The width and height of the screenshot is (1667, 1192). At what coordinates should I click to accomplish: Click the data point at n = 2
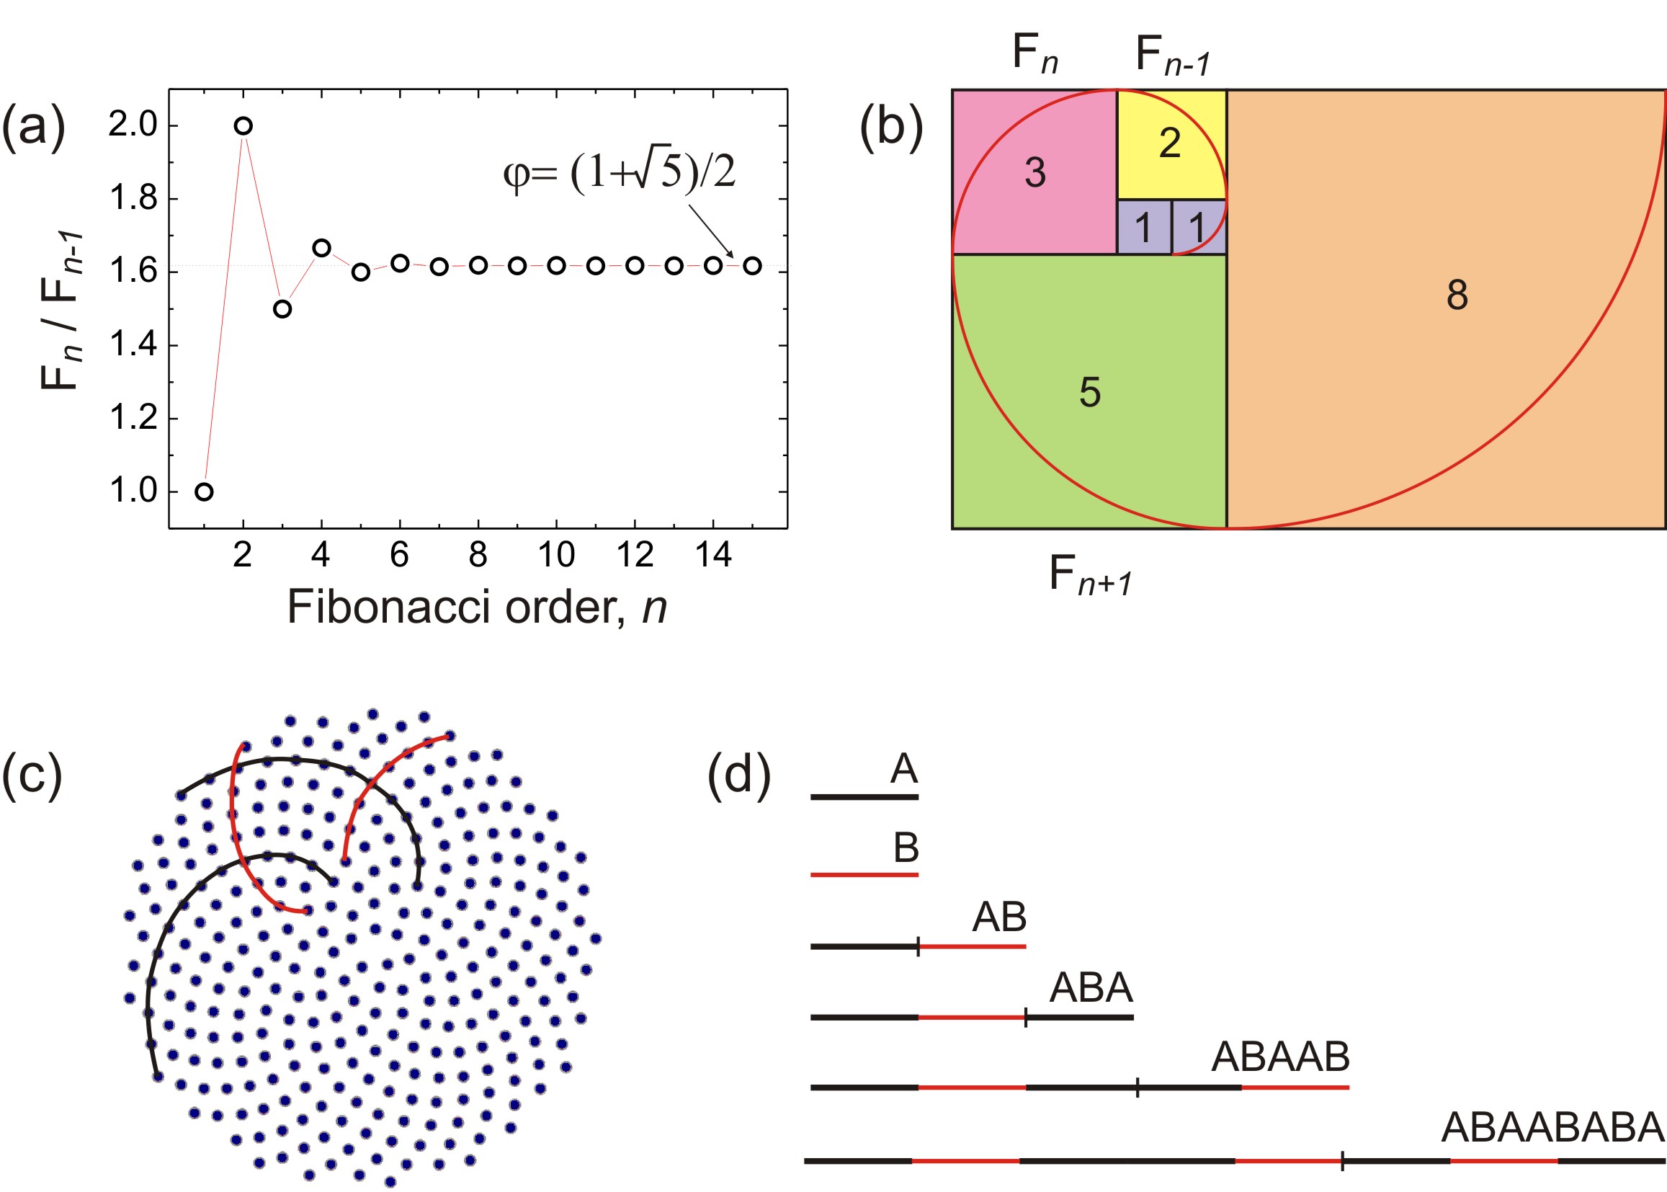[243, 126]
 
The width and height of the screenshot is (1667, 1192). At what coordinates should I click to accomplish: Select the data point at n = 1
[205, 492]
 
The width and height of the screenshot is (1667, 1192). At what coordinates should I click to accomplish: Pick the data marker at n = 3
[282, 309]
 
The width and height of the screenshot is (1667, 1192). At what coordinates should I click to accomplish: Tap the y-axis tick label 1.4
[133, 344]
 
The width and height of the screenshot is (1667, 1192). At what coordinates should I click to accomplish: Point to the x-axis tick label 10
[556, 556]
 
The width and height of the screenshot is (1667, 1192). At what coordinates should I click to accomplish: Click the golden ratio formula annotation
[619, 173]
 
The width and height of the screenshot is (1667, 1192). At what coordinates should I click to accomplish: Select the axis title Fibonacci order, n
[476, 608]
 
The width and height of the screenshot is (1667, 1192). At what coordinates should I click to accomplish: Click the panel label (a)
[34, 127]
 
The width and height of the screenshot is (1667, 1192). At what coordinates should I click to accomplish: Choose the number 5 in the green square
[1089, 393]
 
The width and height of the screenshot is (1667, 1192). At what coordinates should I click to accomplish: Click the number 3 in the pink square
[1034, 173]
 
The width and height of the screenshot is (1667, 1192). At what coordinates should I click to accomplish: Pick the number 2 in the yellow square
[1169, 143]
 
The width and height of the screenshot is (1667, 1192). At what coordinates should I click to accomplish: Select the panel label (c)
[32, 774]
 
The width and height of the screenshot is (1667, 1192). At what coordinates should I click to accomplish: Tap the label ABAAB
[1280, 1057]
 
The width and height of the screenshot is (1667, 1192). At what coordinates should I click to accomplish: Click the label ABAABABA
[1552, 1127]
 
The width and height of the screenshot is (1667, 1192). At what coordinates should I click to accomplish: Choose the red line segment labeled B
[864, 875]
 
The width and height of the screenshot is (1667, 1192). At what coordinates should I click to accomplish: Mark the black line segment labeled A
[864, 796]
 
